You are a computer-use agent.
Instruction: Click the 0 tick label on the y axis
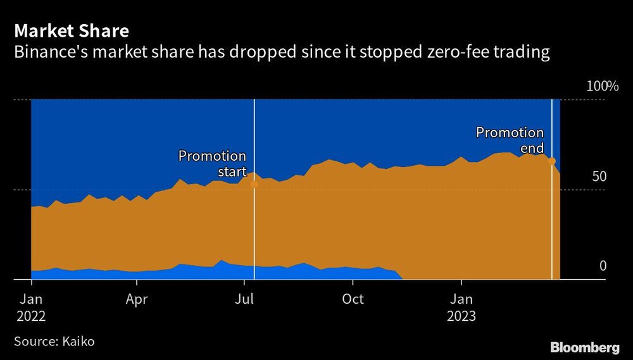tap(603, 265)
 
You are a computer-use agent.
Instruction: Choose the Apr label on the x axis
tap(137, 299)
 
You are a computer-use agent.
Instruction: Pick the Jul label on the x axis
tap(245, 299)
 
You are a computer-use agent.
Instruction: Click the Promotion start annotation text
tap(212, 163)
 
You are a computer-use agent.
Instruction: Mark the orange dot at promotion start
tap(254, 185)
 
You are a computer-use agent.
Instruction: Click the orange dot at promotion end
tap(552, 161)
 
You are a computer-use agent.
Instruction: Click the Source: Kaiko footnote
tap(54, 341)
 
